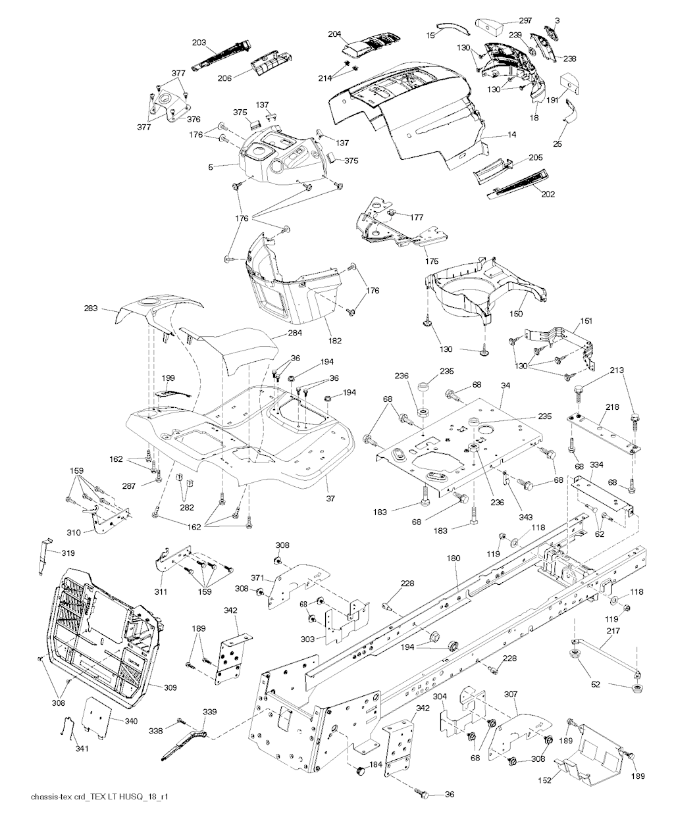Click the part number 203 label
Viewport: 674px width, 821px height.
[199, 42]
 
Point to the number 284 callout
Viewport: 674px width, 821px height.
[295, 334]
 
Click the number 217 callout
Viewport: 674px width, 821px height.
[613, 632]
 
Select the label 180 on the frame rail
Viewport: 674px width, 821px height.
[453, 558]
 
